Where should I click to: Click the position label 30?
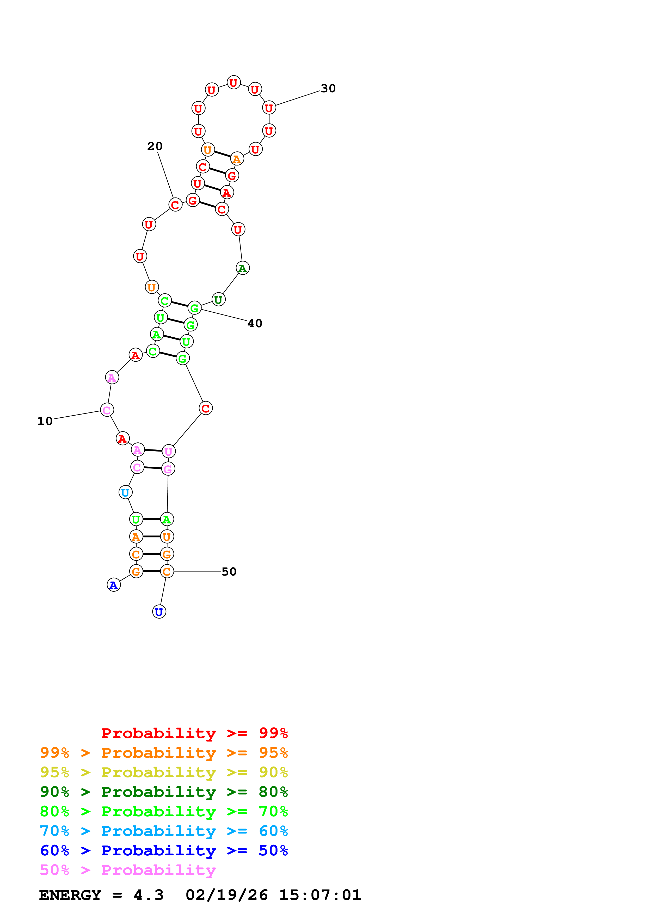tap(328, 88)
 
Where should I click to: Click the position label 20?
tap(155, 146)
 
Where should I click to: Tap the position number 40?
tap(255, 323)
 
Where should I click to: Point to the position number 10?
tap(45, 421)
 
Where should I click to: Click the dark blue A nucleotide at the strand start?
tap(114, 585)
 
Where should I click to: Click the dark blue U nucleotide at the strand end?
tap(159, 612)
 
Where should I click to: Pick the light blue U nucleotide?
tap(125, 492)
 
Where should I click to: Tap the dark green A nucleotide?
tap(242, 268)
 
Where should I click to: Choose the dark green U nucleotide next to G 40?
tap(218, 299)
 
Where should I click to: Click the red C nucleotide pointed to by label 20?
tap(175, 205)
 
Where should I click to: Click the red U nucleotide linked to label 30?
tap(269, 108)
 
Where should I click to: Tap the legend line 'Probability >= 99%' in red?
tap(194, 733)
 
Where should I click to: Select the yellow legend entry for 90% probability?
tap(164, 772)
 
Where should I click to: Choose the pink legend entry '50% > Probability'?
tap(128, 870)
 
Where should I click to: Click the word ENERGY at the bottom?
tap(70, 895)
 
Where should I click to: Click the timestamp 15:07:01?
tap(320, 895)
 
